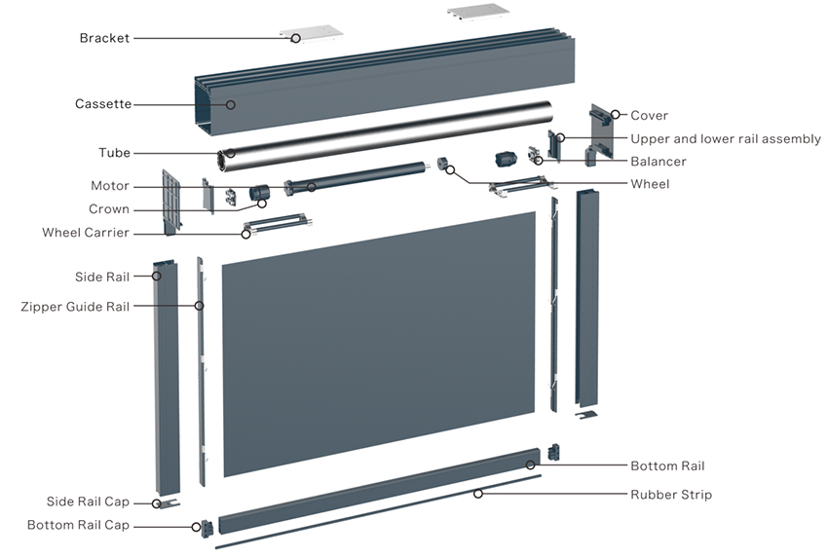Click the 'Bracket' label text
click(104, 38)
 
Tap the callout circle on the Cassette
click(230, 104)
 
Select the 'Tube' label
click(114, 153)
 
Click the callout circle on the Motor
click(312, 187)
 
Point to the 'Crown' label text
click(109, 209)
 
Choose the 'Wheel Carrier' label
click(86, 233)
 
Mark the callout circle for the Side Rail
click(156, 276)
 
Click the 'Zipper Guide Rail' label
click(75, 307)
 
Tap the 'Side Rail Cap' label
click(88, 502)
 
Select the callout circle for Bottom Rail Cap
click(196, 526)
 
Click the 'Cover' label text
click(649, 115)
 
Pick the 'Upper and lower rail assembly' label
click(726, 139)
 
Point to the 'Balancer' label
click(659, 161)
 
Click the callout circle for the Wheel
click(450, 169)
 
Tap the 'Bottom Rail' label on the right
click(667, 465)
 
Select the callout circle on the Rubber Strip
click(478, 494)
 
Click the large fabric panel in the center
click(379, 343)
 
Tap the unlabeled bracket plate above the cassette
click(478, 13)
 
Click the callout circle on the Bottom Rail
click(530, 465)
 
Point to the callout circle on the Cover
click(616, 114)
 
